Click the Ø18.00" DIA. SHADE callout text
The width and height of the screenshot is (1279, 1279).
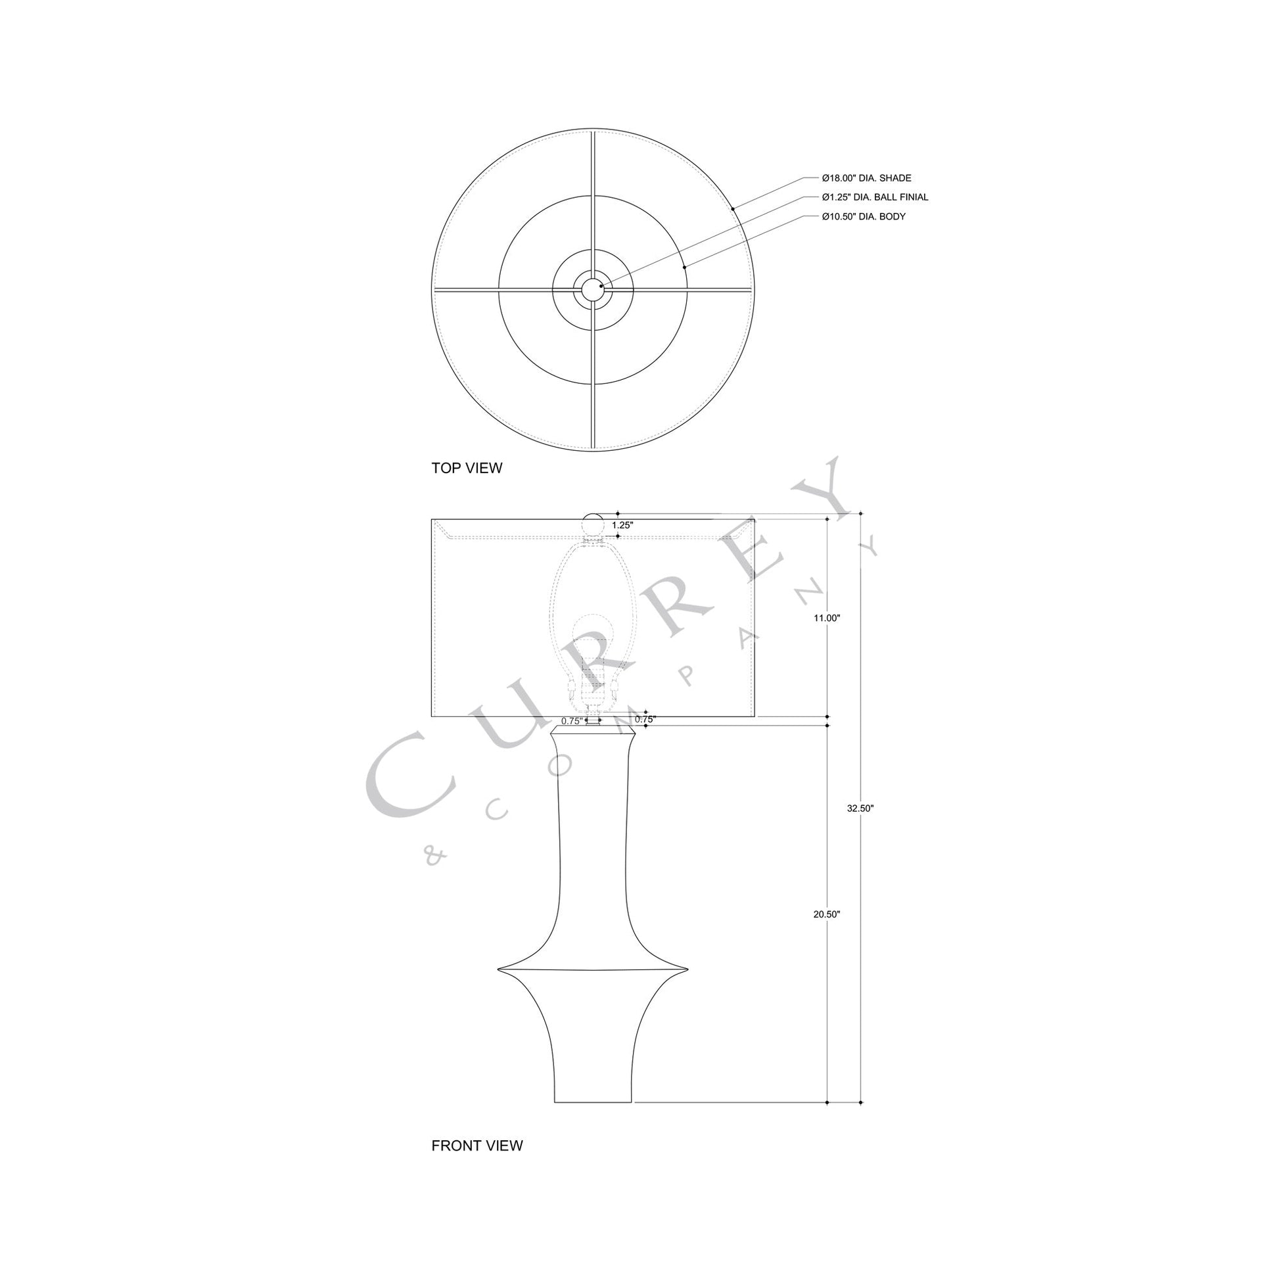click(x=866, y=178)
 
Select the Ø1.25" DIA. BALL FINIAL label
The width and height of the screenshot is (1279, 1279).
click(x=875, y=197)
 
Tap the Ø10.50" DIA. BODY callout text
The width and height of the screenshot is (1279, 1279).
click(x=863, y=216)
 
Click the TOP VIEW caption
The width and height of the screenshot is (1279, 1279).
click(x=467, y=468)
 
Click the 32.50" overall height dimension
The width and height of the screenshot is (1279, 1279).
click(x=860, y=808)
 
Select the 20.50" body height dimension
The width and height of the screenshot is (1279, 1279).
click(x=827, y=914)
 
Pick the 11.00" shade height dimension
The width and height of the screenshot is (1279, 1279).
click(x=827, y=618)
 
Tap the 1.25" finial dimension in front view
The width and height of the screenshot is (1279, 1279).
click(x=622, y=525)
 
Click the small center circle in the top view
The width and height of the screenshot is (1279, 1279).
click(x=593, y=289)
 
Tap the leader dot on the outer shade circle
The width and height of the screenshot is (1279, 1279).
click(x=733, y=209)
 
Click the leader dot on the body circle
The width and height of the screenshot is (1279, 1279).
click(x=684, y=267)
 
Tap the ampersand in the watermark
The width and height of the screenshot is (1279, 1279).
click(x=434, y=856)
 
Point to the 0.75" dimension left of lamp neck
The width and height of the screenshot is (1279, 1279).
click(x=571, y=721)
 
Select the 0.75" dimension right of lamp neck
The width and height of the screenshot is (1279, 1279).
click(x=645, y=719)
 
